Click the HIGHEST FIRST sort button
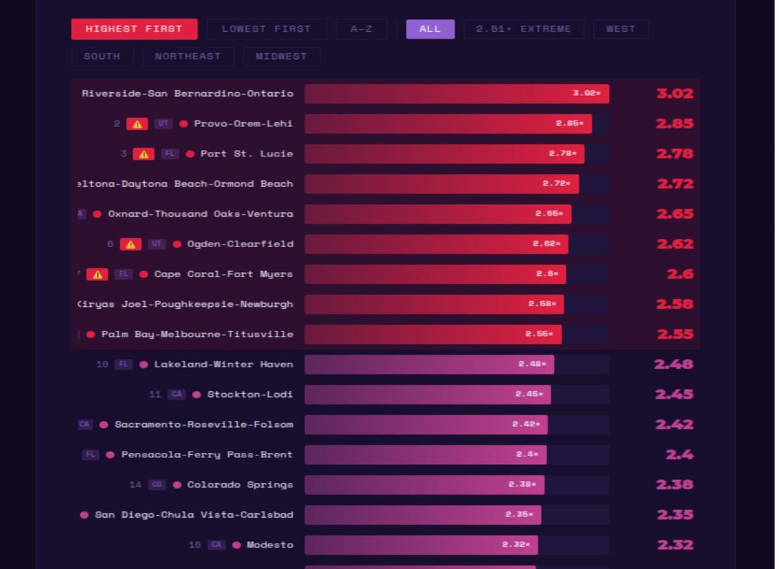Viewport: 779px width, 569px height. (x=134, y=29)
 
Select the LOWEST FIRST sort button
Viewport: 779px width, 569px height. (x=266, y=29)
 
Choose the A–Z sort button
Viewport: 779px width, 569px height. (x=361, y=29)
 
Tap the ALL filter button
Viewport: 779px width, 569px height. (x=430, y=29)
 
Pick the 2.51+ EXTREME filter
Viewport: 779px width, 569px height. (x=523, y=29)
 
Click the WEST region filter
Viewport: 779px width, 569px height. (x=620, y=29)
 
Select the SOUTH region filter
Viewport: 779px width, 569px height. (x=102, y=56)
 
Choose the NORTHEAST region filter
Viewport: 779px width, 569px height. (x=188, y=56)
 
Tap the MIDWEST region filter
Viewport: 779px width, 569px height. (x=281, y=56)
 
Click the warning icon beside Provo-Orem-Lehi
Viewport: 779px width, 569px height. (x=137, y=124)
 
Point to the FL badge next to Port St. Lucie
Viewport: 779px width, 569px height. (x=170, y=154)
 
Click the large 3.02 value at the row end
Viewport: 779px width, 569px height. (x=674, y=93)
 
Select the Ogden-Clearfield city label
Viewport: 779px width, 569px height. (x=240, y=244)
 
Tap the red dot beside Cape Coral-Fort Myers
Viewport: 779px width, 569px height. (x=143, y=274)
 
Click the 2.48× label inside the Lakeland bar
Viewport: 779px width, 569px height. (x=532, y=365)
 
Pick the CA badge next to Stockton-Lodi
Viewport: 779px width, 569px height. (x=177, y=394)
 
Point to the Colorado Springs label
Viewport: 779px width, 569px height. (x=240, y=485)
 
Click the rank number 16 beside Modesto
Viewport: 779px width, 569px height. (x=195, y=545)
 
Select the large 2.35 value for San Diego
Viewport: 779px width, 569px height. (x=674, y=515)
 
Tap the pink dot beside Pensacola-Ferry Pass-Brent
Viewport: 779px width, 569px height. (x=110, y=455)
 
